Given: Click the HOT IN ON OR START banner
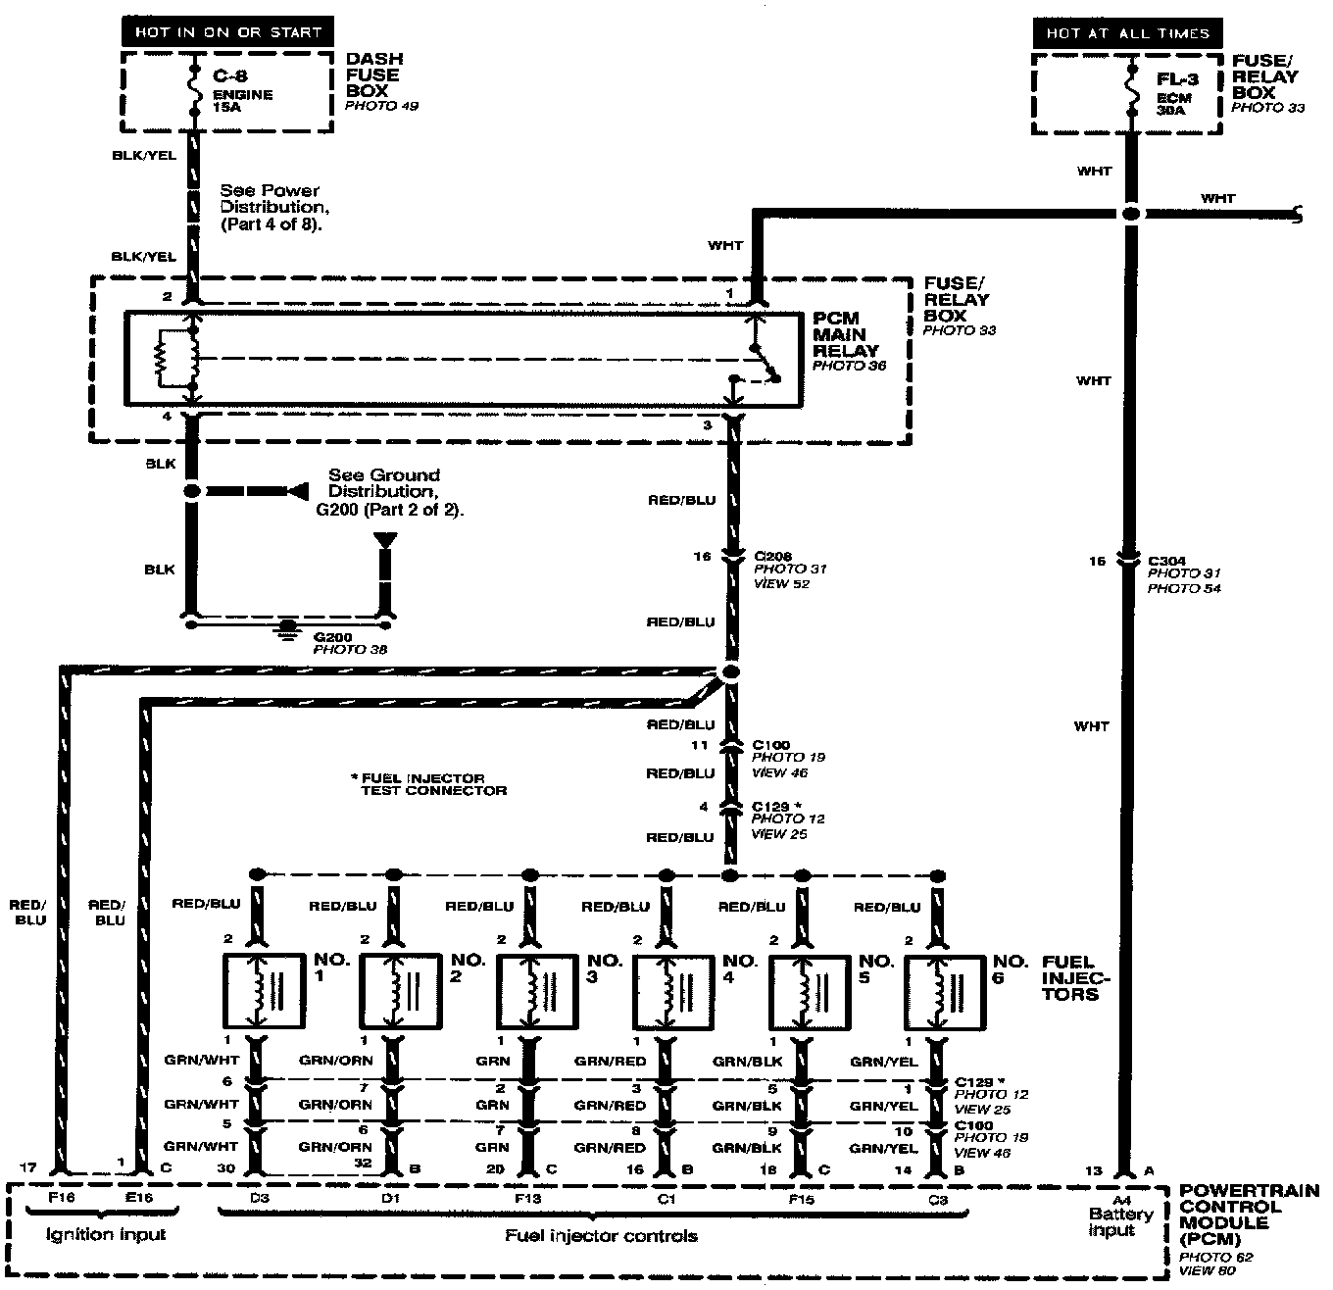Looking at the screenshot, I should pyautogui.click(x=227, y=32).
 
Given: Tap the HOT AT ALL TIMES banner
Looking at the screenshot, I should pyautogui.click(x=1127, y=33).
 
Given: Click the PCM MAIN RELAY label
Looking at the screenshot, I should pyautogui.click(x=846, y=335).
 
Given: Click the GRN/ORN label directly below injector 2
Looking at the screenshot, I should pyautogui.click(x=335, y=1061).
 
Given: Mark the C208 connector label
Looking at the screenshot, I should pyautogui.click(x=773, y=556).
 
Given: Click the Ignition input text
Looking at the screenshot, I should pyautogui.click(x=106, y=1234).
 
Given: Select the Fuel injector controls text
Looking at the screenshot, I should pyautogui.click(x=601, y=1236).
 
